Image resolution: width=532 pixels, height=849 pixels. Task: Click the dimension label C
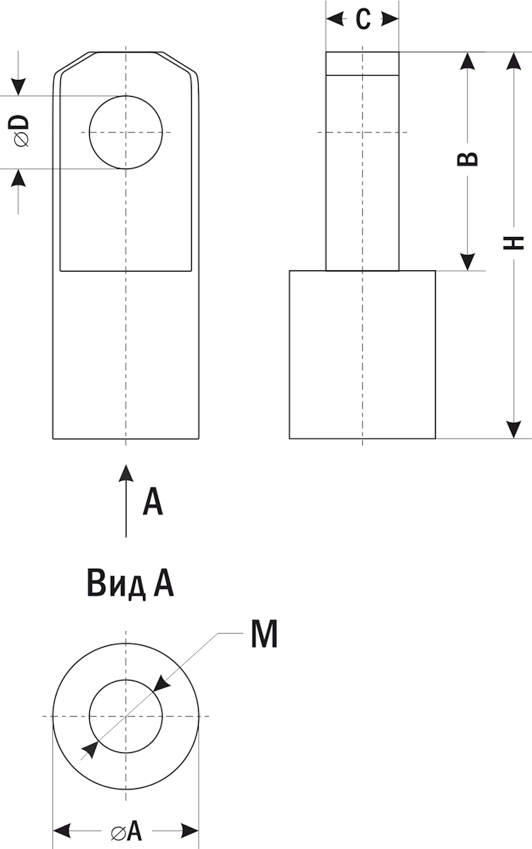tap(362, 20)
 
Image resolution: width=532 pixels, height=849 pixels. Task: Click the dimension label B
tap(467, 158)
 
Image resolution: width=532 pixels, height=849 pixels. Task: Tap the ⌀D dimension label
tap(21, 132)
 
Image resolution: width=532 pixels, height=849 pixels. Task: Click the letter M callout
tap(264, 635)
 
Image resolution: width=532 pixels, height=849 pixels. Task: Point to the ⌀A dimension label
tap(126, 830)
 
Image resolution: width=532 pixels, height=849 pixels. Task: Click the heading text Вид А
tap(131, 584)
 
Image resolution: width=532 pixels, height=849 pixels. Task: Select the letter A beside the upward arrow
tap(153, 501)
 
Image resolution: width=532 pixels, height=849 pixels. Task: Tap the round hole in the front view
tap(126, 132)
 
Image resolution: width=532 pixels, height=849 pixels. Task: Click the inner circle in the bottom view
tap(126, 716)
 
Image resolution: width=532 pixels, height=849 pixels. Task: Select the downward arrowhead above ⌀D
tap(20, 86)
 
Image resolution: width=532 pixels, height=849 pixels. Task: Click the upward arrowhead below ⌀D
tap(20, 178)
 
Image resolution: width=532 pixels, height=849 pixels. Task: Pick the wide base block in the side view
tap(362, 354)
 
